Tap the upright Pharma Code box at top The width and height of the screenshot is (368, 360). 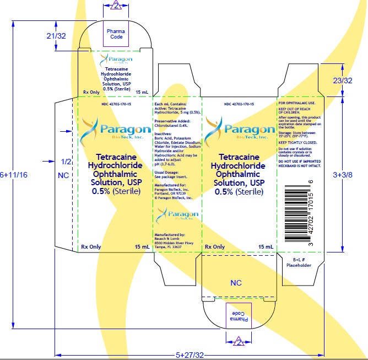click(x=115, y=34)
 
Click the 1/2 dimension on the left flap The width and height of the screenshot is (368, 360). click(x=66, y=162)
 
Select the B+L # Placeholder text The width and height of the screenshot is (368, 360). click(x=299, y=262)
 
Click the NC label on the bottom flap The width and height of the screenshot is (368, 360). click(x=236, y=283)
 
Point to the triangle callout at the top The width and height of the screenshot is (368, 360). click(x=115, y=6)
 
